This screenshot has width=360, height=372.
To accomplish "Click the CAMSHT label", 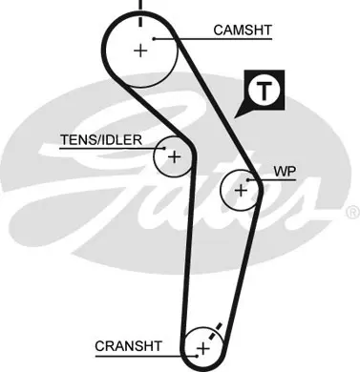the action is pyautogui.click(x=243, y=31).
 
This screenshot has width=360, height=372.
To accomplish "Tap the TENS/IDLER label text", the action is pyautogui.click(x=101, y=139).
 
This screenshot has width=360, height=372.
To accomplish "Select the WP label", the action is pyautogui.click(x=285, y=172).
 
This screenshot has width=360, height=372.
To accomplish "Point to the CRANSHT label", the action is pyautogui.click(x=128, y=346).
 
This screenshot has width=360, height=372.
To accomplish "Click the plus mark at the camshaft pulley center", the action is pyautogui.click(x=140, y=51).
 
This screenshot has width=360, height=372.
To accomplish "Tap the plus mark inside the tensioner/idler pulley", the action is pyautogui.click(x=174, y=157).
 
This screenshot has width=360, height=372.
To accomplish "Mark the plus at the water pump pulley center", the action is pyautogui.click(x=241, y=191).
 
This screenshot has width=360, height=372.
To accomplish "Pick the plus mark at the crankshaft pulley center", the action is pyautogui.click(x=203, y=349).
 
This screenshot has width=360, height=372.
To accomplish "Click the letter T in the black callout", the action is pyautogui.click(x=264, y=91).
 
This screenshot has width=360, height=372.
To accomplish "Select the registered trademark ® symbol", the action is pyautogui.click(x=352, y=213).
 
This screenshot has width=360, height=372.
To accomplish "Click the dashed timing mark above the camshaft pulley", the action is pyautogui.click(x=140, y=12).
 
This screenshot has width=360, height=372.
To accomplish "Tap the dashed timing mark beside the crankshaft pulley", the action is pyautogui.click(x=215, y=331).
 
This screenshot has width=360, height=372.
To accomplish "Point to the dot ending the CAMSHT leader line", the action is pyautogui.click(x=154, y=39).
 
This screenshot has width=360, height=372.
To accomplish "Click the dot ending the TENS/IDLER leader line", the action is pyautogui.click(x=164, y=148).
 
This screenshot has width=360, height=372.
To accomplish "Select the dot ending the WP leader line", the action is pyautogui.click(x=247, y=180).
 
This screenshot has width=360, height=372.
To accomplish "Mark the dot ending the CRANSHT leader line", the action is pyautogui.click(x=198, y=356).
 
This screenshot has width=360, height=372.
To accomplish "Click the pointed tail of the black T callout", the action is pyautogui.click(x=235, y=118).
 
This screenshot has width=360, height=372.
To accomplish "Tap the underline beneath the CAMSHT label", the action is pyautogui.click(x=213, y=39).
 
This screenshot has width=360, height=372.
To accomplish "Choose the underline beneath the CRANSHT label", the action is pyautogui.click(x=146, y=356).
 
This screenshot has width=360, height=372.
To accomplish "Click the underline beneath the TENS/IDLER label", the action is pyautogui.click(x=112, y=149).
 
